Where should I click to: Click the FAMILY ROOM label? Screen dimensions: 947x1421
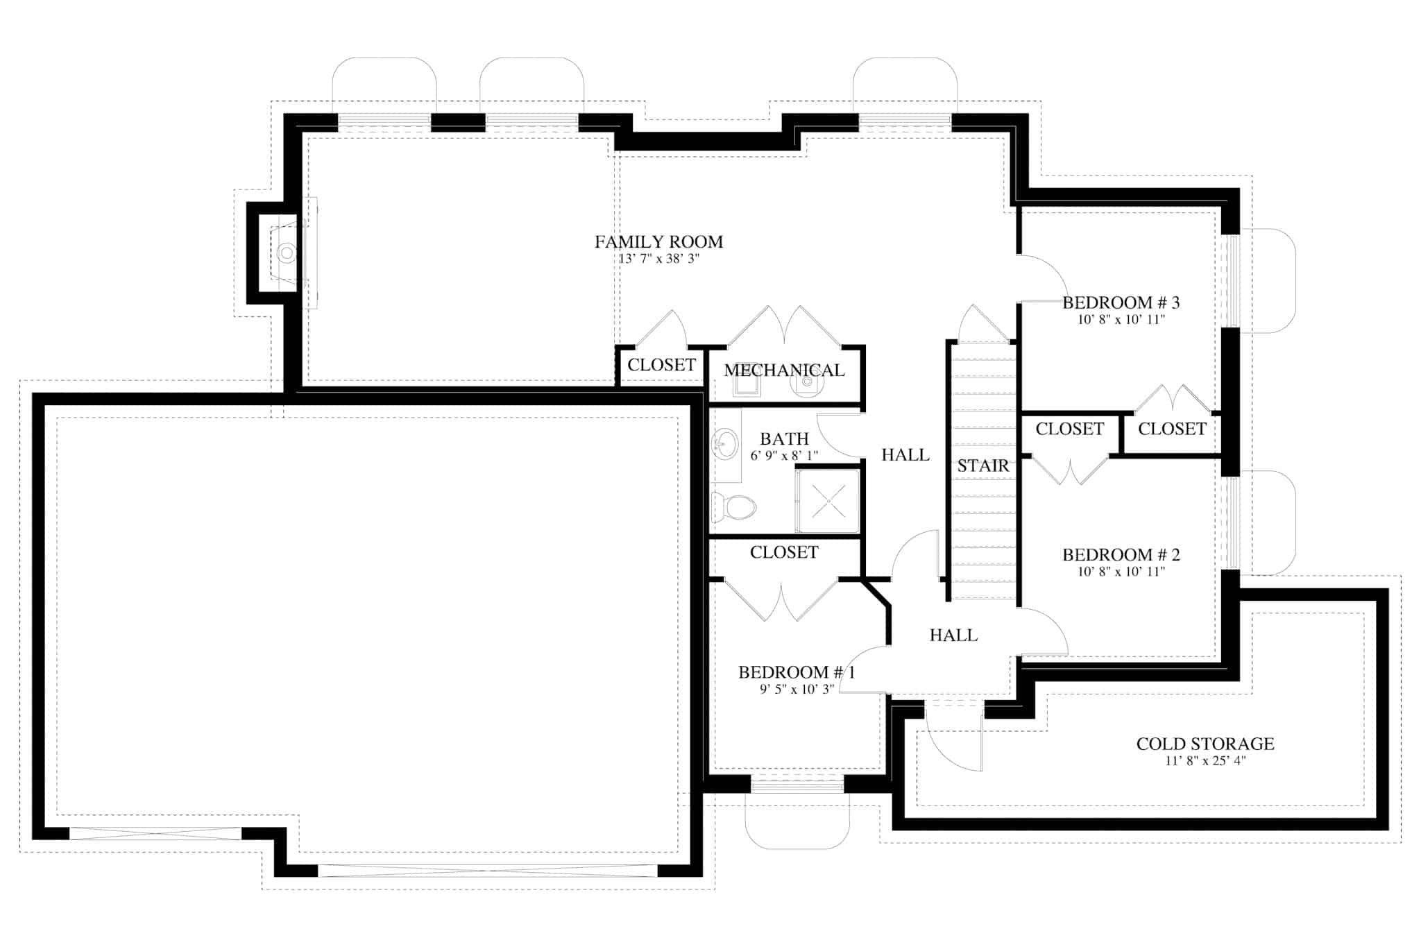[x=658, y=242]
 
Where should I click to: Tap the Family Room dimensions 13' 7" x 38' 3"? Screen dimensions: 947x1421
[x=658, y=259]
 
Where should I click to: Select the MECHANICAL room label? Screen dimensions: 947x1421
[x=784, y=370]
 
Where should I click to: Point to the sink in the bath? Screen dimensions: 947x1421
[x=726, y=443]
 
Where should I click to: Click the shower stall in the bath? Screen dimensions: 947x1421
[x=828, y=501]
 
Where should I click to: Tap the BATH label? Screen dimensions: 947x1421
[x=784, y=439]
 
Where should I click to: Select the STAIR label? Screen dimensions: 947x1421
[x=982, y=466]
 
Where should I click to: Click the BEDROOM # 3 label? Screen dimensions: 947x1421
[x=1121, y=303]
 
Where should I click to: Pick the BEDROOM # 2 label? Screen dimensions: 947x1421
[x=1121, y=555]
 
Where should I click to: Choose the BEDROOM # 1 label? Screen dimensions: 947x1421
[x=797, y=672]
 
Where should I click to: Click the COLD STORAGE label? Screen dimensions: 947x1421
[x=1205, y=744]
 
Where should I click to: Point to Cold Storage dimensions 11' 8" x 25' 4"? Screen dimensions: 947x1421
[x=1205, y=761]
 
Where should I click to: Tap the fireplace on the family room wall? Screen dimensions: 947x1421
[x=287, y=253]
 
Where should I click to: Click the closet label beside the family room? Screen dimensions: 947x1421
[x=661, y=365]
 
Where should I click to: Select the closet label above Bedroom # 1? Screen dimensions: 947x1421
[x=784, y=552]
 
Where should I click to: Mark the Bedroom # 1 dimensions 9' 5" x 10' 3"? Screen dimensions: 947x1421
[x=797, y=689]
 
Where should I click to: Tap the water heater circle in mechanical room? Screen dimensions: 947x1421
[x=807, y=382]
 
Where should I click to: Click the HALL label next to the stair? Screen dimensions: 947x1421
[x=905, y=455]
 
